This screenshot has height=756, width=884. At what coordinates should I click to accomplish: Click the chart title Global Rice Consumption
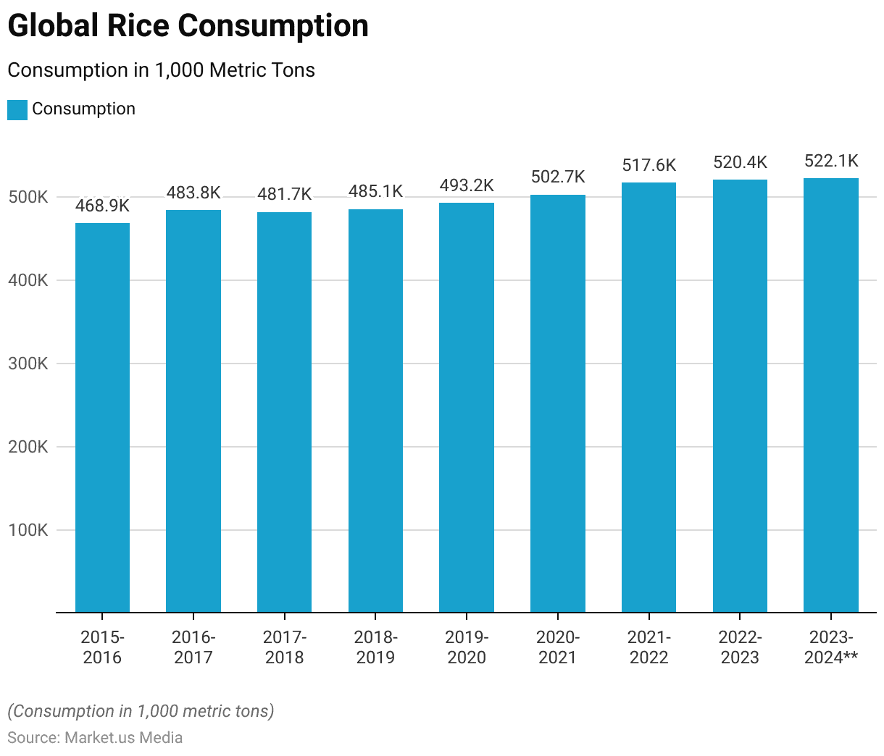tap(188, 26)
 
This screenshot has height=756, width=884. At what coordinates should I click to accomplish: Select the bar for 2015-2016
tap(102, 418)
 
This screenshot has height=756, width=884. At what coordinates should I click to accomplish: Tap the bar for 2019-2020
tap(467, 408)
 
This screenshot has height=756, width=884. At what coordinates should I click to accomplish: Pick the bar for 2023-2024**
tap(831, 395)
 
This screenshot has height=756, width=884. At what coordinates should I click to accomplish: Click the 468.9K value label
tap(102, 206)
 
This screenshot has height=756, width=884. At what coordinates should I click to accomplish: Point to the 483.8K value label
tap(193, 193)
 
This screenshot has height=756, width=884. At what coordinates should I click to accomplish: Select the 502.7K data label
tap(558, 177)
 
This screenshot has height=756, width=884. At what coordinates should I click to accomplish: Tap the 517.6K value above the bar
tap(649, 166)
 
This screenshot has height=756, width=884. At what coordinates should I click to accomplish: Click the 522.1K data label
tap(831, 161)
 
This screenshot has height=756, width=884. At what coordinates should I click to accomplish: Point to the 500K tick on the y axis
tap(28, 197)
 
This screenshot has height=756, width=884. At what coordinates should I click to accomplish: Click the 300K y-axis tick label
tap(28, 364)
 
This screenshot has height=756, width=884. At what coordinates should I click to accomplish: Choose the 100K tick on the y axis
tap(28, 530)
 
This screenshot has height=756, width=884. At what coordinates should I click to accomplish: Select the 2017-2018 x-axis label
tap(285, 647)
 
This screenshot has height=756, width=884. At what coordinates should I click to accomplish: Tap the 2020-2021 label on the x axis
tap(558, 647)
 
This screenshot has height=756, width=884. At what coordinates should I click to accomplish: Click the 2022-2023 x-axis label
tap(740, 647)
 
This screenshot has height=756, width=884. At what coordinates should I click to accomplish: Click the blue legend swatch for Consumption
tap(17, 110)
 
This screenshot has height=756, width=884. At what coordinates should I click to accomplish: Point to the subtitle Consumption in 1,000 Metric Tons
tap(161, 70)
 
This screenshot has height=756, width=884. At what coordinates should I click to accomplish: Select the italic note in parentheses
tap(141, 711)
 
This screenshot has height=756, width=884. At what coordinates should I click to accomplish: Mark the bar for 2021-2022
tap(649, 398)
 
